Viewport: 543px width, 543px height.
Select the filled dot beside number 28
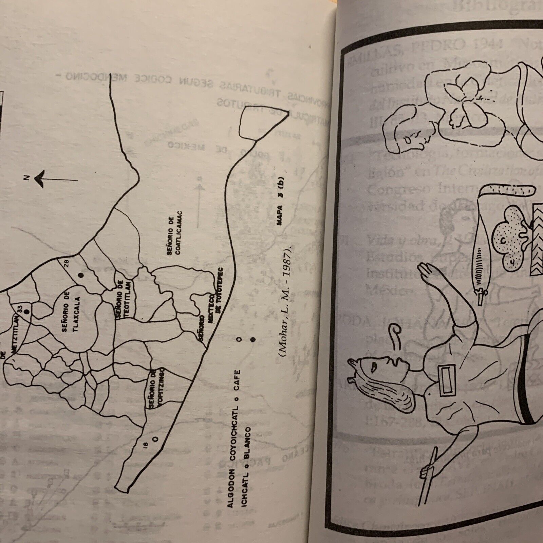[x=81, y=276]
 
